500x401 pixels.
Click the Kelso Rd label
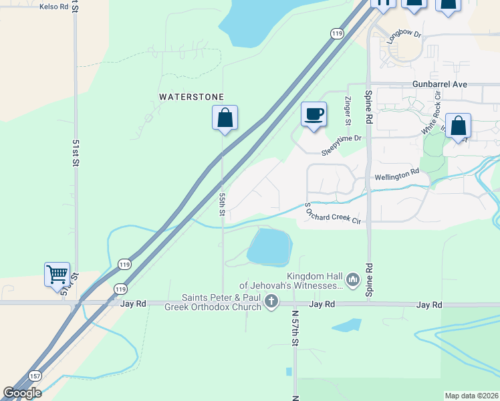[x=54, y=6]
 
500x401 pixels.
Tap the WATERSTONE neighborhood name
[x=191, y=97]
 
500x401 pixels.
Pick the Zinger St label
[x=348, y=112]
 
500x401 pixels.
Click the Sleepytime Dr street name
[x=341, y=138]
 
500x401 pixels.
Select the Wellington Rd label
[x=396, y=172]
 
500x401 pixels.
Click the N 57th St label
[x=294, y=326]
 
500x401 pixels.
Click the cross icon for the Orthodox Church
[x=271, y=302]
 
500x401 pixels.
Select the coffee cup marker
[x=313, y=114]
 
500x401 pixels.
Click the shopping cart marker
[x=57, y=274]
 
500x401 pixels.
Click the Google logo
[x=22, y=393]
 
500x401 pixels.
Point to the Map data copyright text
[x=471, y=396]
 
